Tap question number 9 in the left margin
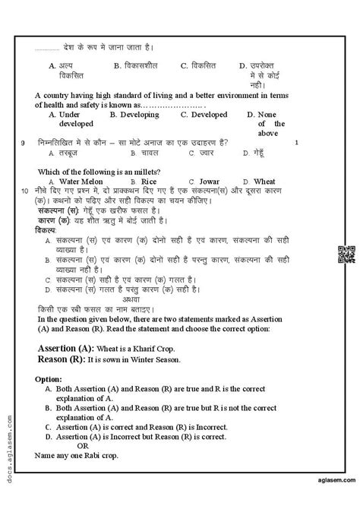tap(23, 143)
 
